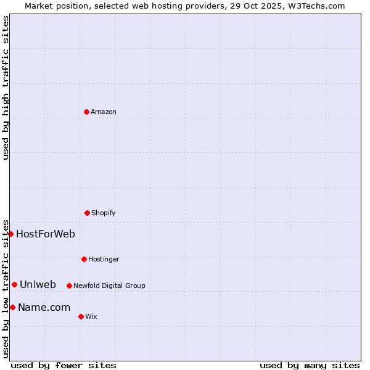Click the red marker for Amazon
[86, 112]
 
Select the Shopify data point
[87, 213]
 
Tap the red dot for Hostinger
[84, 259]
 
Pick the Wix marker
[81, 316]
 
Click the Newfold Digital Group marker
[69, 286]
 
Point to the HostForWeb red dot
[10, 234]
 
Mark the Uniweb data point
[14, 284]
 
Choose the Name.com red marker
[12, 307]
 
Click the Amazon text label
[104, 112]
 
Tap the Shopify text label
[104, 213]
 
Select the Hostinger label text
[104, 259]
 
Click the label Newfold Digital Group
[109, 286]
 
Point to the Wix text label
[91, 316]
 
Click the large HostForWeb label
[46, 234]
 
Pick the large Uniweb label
[38, 284]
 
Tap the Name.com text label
[44, 307]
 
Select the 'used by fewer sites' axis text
[64, 365]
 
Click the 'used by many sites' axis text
[310, 365]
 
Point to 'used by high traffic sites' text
[6, 88]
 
